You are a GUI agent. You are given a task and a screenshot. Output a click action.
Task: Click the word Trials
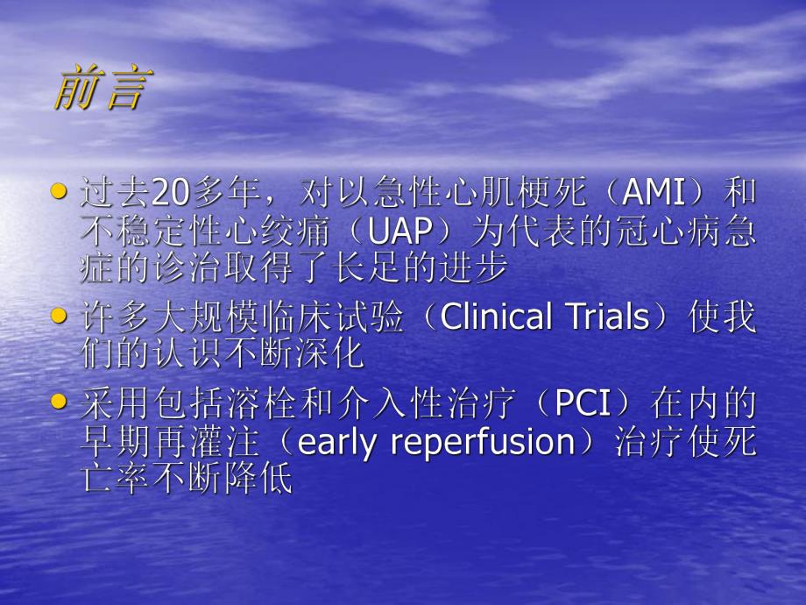click(x=600, y=317)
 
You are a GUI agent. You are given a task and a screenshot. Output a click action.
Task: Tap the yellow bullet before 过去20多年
click(x=60, y=190)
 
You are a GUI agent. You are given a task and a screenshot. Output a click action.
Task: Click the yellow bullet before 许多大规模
click(x=60, y=314)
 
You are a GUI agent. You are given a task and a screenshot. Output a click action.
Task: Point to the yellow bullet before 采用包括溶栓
click(x=60, y=402)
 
